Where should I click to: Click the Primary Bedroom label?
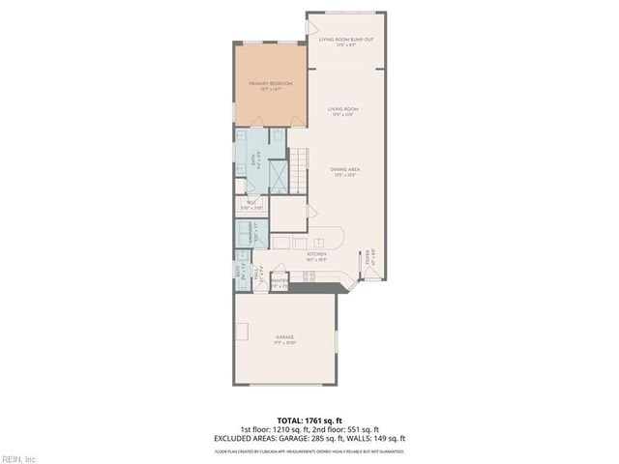pos(270,85)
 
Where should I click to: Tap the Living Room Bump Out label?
pos(346,40)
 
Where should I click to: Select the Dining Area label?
pos(346,169)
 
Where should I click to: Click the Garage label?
pos(283,338)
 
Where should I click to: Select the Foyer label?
pos(368,258)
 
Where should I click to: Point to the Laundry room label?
pos(255,236)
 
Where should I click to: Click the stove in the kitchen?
pos(309,276)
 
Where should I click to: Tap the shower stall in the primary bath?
pos(277,173)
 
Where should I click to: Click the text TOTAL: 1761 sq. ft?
pos(309,420)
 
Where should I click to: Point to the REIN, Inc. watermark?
pos(19,457)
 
